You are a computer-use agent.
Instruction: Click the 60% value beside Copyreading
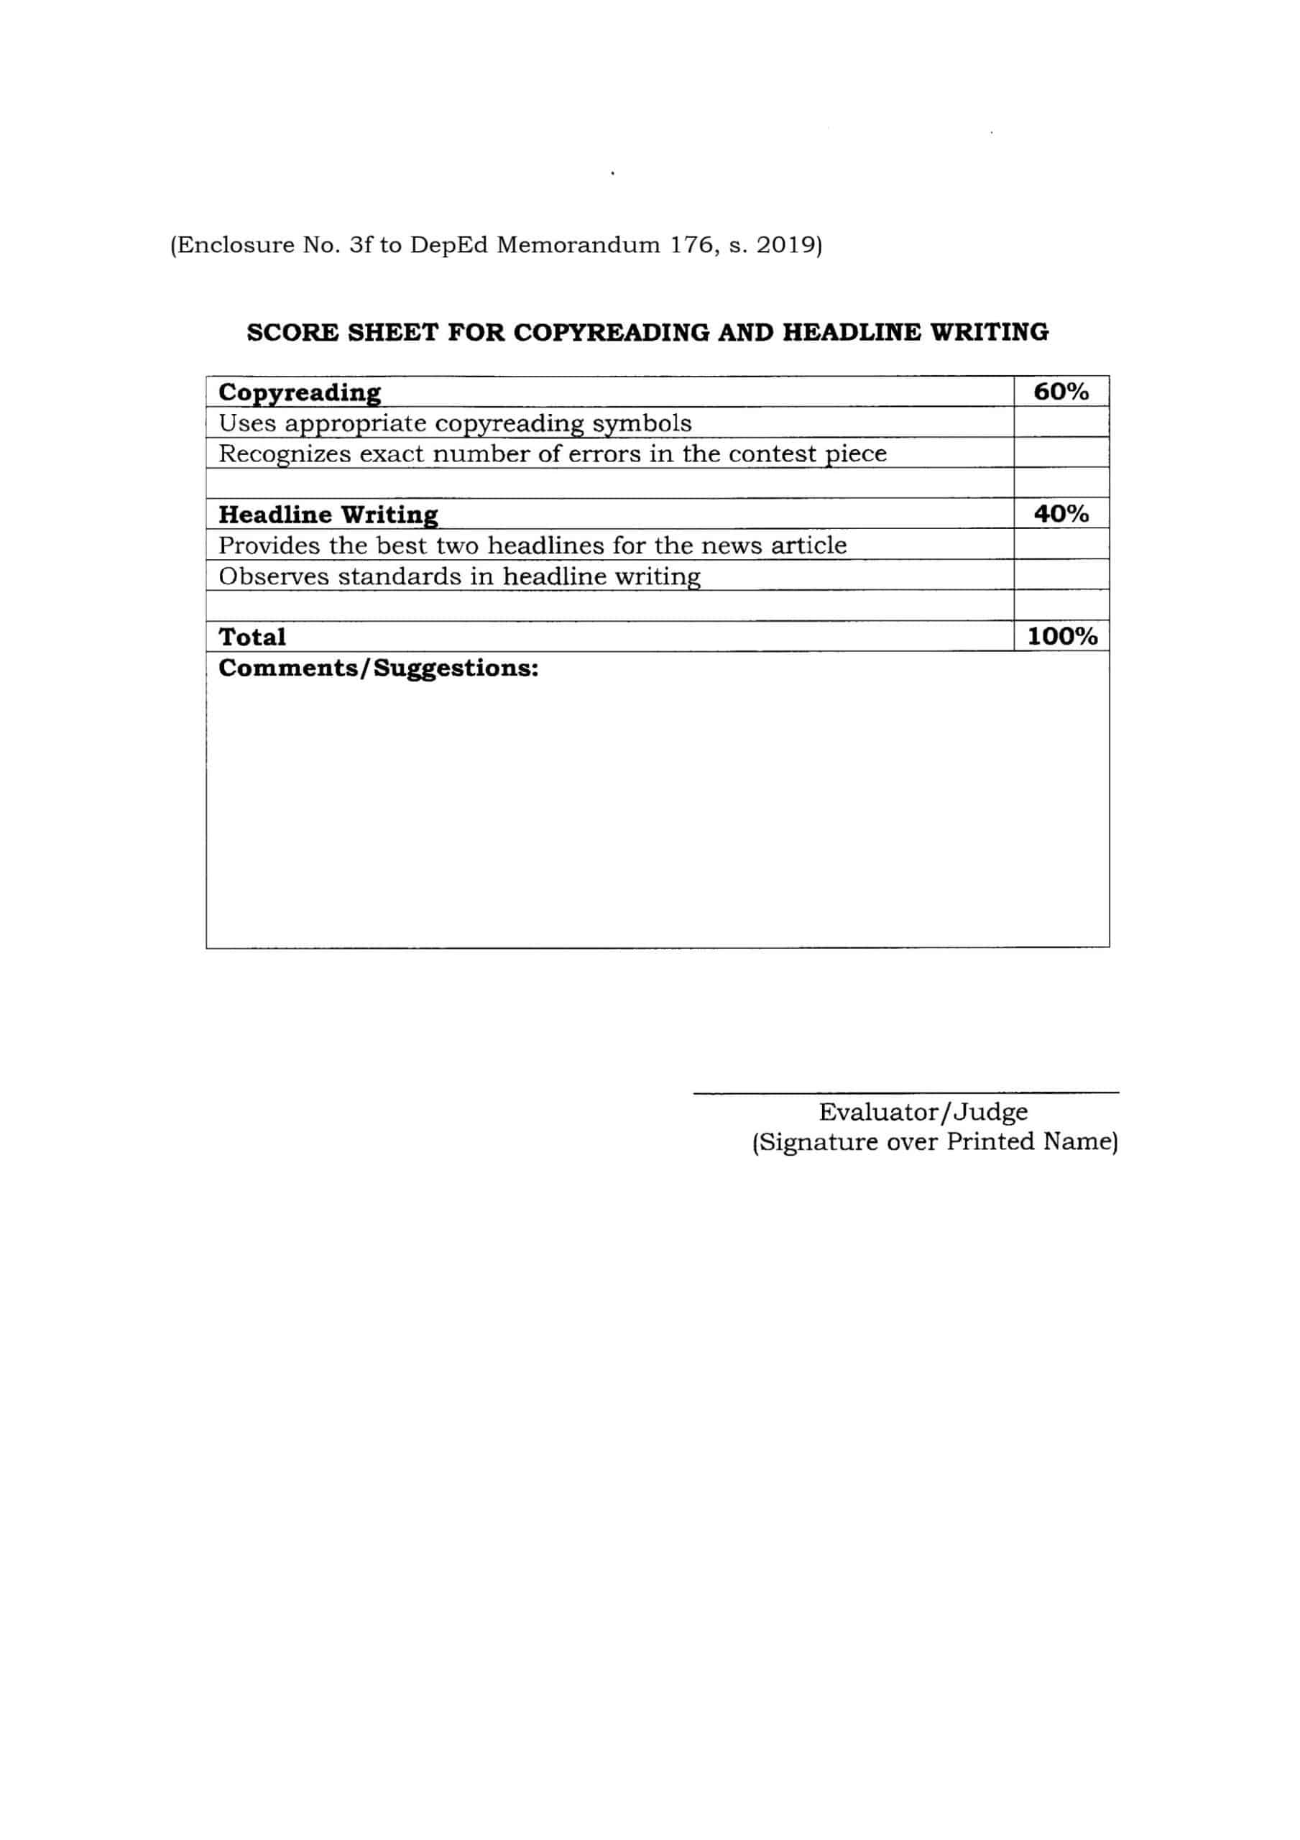click(1061, 392)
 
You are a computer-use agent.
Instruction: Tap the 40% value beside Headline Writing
click(1061, 514)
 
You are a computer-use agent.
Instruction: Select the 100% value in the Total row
click(1062, 636)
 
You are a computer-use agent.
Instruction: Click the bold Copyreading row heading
click(300, 392)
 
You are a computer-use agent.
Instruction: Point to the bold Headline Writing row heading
click(328, 515)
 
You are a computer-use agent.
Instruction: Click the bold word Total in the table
click(252, 637)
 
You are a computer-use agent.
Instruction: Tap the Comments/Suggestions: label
click(377, 668)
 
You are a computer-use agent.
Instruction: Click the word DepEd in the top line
click(449, 244)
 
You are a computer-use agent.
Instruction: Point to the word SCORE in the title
click(292, 333)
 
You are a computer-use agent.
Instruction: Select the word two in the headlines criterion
click(458, 546)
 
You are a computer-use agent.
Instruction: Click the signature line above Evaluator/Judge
click(905, 1092)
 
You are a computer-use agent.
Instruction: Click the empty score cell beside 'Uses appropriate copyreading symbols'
click(1061, 423)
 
